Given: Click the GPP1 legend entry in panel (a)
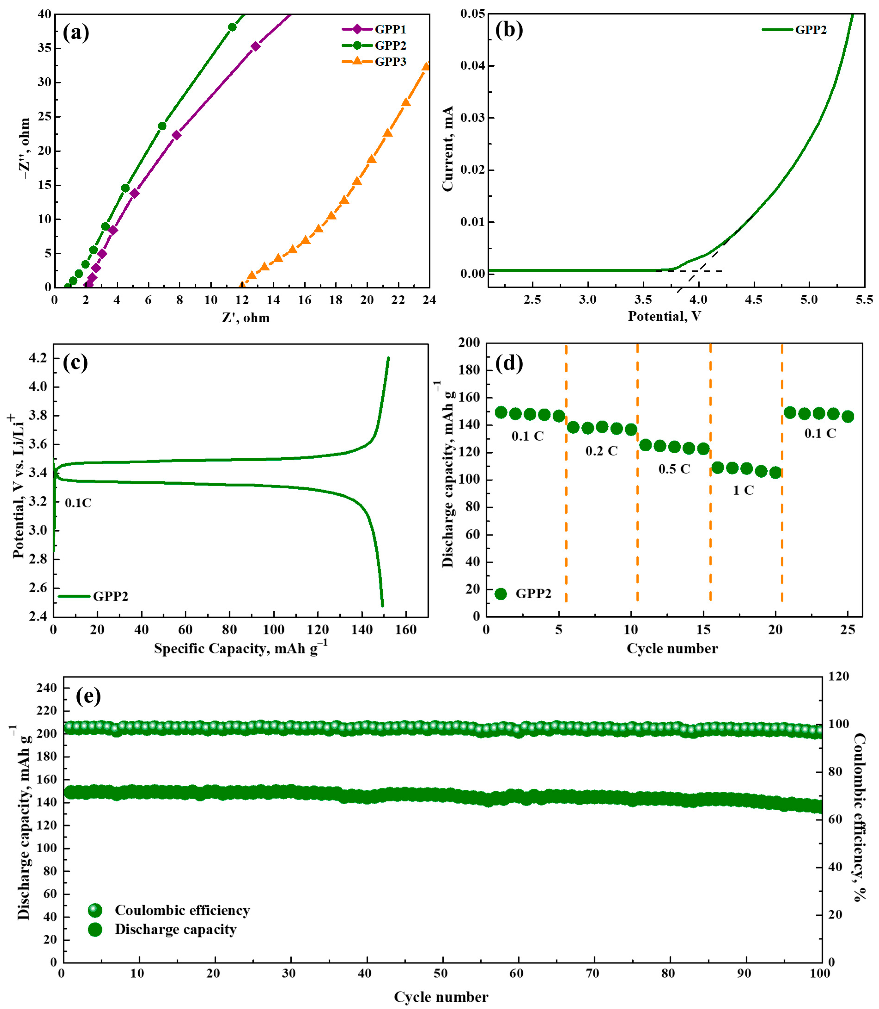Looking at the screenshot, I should (390, 29).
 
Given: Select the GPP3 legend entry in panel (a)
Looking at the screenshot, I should (390, 62).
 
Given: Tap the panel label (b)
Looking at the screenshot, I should (509, 30).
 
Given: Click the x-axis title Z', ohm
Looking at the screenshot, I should (246, 318).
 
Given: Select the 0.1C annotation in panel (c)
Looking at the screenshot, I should (78, 503).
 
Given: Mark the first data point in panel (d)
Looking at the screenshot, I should (501, 413).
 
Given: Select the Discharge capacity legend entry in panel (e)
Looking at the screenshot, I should (175, 930).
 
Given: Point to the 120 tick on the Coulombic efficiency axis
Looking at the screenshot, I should (838, 676).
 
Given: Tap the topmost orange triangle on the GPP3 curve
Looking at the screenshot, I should (426, 66).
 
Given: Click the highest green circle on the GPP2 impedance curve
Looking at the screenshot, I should (232, 27).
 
